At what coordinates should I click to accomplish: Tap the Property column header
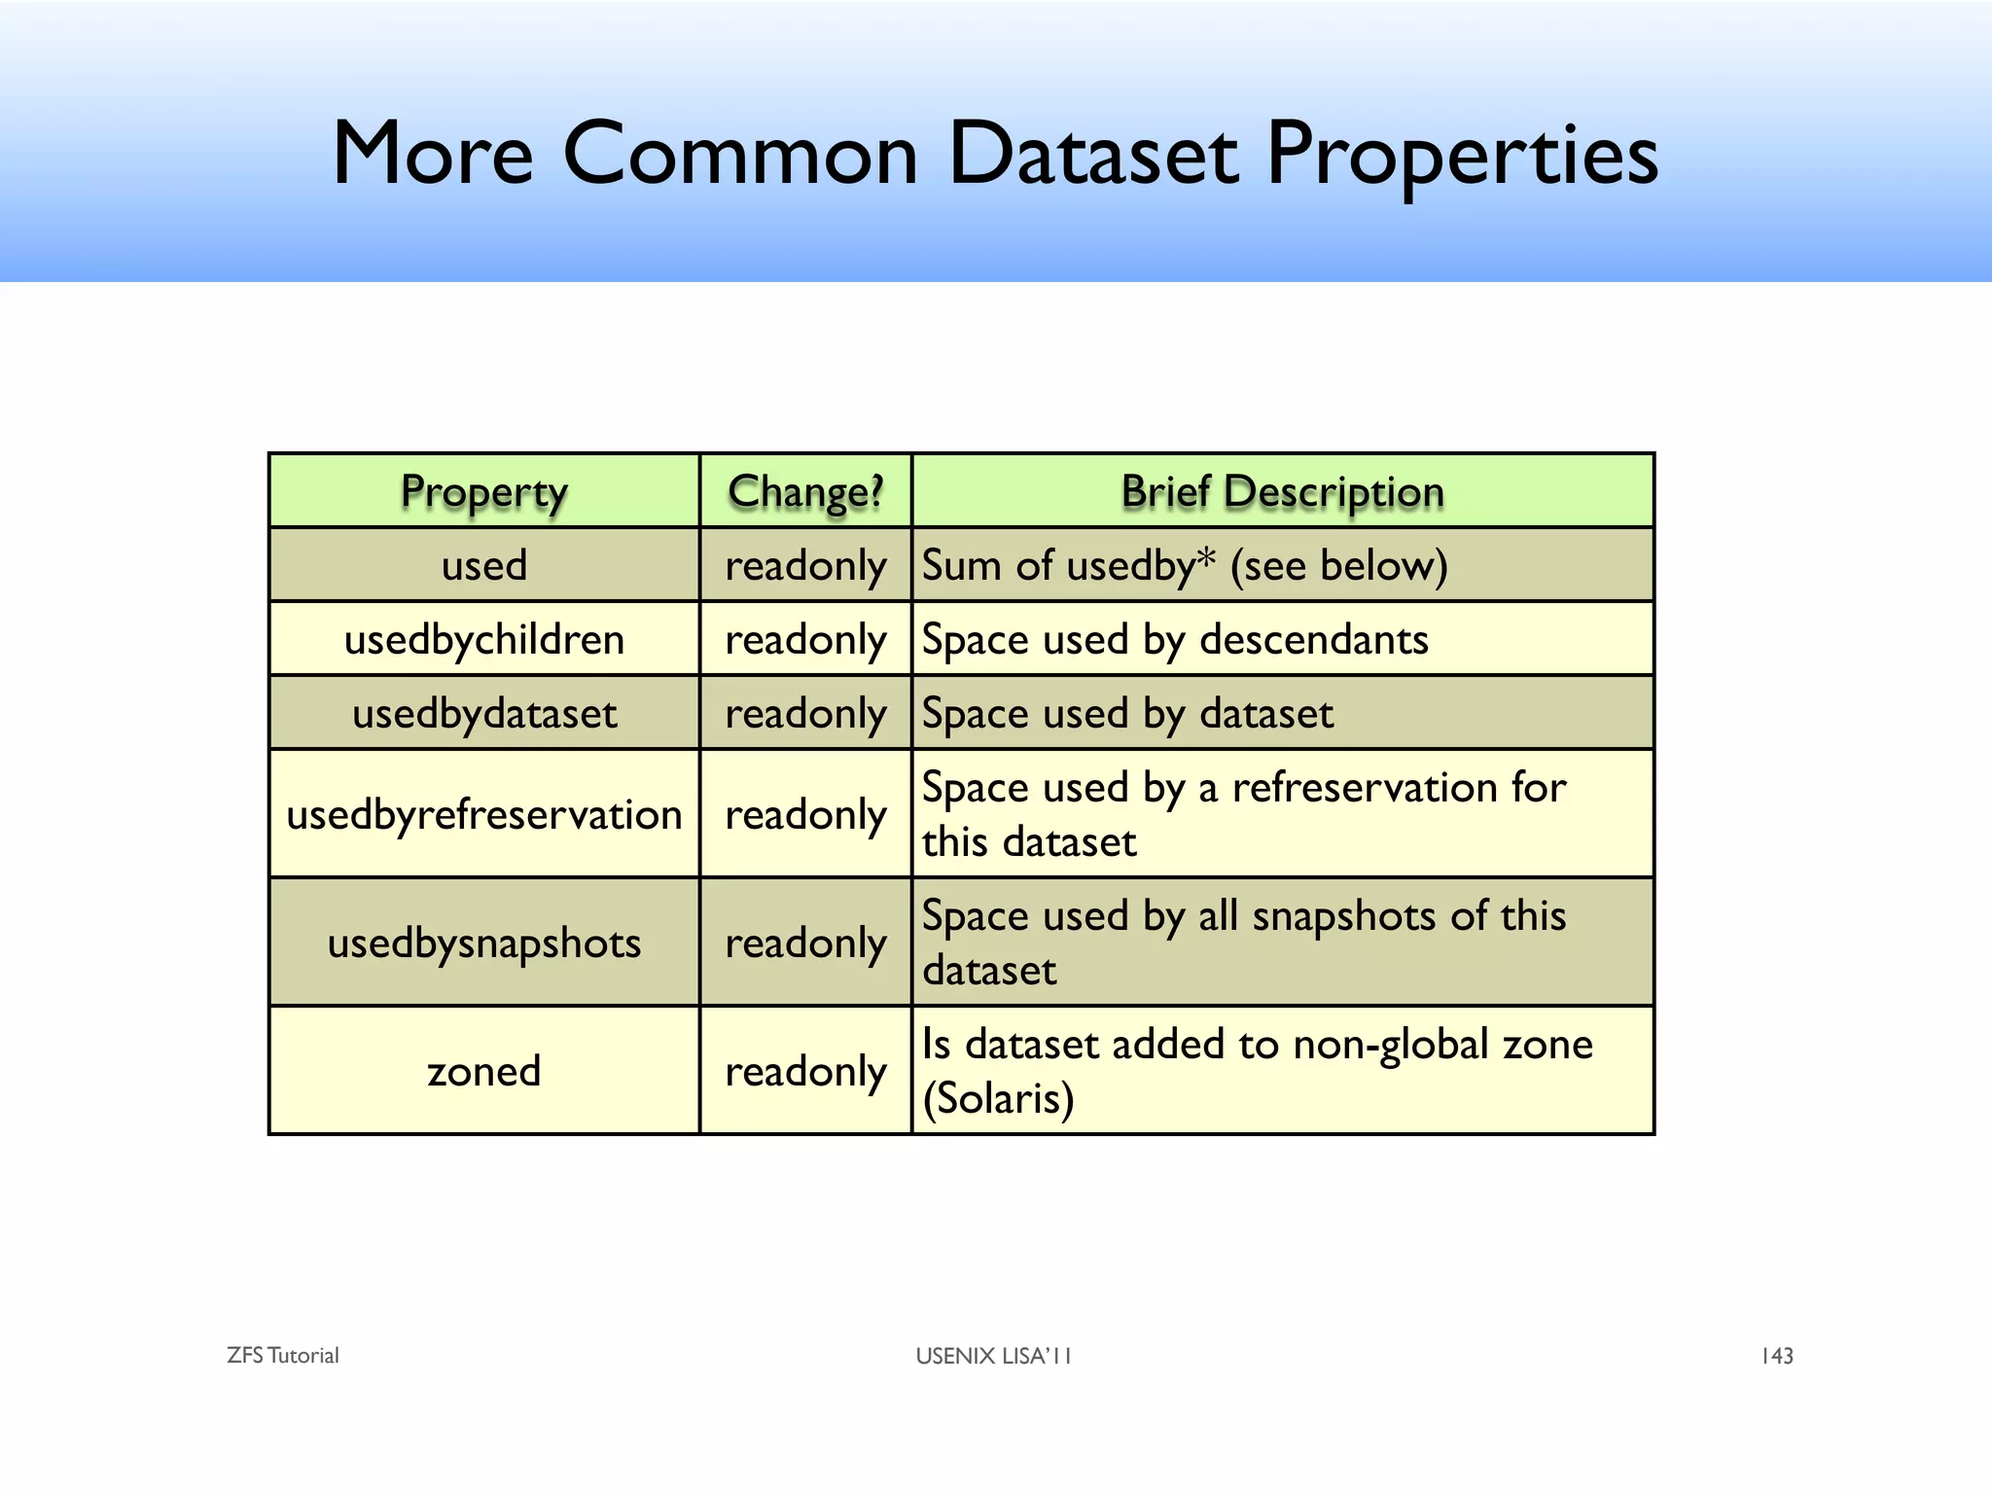483,492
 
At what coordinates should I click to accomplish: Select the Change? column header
805,492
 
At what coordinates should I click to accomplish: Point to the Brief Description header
1282,492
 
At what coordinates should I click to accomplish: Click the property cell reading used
483,565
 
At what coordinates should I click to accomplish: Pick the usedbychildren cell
483,640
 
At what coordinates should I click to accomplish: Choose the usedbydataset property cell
483,714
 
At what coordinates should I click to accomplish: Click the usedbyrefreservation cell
483,815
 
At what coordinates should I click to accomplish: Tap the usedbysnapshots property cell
483,943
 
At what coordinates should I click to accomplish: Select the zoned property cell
483,1072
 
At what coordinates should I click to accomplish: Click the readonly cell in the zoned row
805,1072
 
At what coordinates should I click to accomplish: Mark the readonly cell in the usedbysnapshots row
805,943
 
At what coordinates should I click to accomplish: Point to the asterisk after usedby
1206,558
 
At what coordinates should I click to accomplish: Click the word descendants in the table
1313,640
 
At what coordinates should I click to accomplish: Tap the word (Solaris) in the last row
998,1099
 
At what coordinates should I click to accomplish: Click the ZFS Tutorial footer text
282,1356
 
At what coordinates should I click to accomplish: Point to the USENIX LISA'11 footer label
993,1356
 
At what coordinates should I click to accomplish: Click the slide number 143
1776,1356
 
